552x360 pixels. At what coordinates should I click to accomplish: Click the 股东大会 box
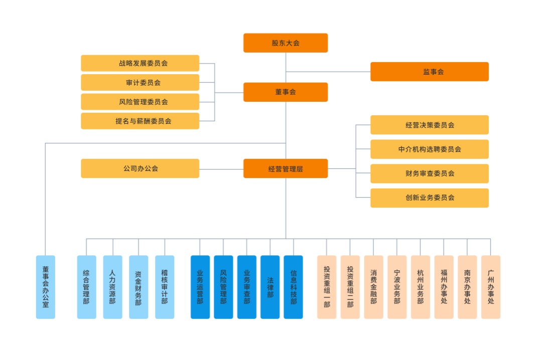click(286, 43)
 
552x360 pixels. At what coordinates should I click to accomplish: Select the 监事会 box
click(429, 72)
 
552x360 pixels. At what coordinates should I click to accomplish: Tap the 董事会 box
click(286, 92)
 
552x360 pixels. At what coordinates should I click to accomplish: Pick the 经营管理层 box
click(286, 168)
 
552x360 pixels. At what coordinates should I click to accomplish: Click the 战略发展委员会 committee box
click(140, 63)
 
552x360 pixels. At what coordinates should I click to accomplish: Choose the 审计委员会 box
click(140, 83)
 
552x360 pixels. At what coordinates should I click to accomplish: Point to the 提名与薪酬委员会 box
click(140, 121)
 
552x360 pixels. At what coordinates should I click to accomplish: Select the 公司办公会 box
click(140, 168)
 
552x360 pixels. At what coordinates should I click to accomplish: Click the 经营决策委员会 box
click(429, 125)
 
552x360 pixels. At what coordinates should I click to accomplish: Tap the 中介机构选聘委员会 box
click(429, 149)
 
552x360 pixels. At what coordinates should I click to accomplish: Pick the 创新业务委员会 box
click(429, 198)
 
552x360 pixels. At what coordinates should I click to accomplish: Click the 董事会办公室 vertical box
click(46, 287)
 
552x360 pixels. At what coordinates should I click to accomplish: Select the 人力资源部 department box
click(112, 287)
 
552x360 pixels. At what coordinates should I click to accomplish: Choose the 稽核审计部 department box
click(165, 287)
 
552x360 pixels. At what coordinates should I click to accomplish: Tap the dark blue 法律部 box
click(270, 287)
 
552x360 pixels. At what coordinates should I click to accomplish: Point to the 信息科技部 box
click(293, 287)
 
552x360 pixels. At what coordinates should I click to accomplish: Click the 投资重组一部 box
click(327, 287)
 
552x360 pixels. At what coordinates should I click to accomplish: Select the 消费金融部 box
click(373, 287)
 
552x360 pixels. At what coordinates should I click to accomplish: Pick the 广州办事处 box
click(490, 287)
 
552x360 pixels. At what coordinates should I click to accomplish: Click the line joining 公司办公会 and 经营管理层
click(221, 169)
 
